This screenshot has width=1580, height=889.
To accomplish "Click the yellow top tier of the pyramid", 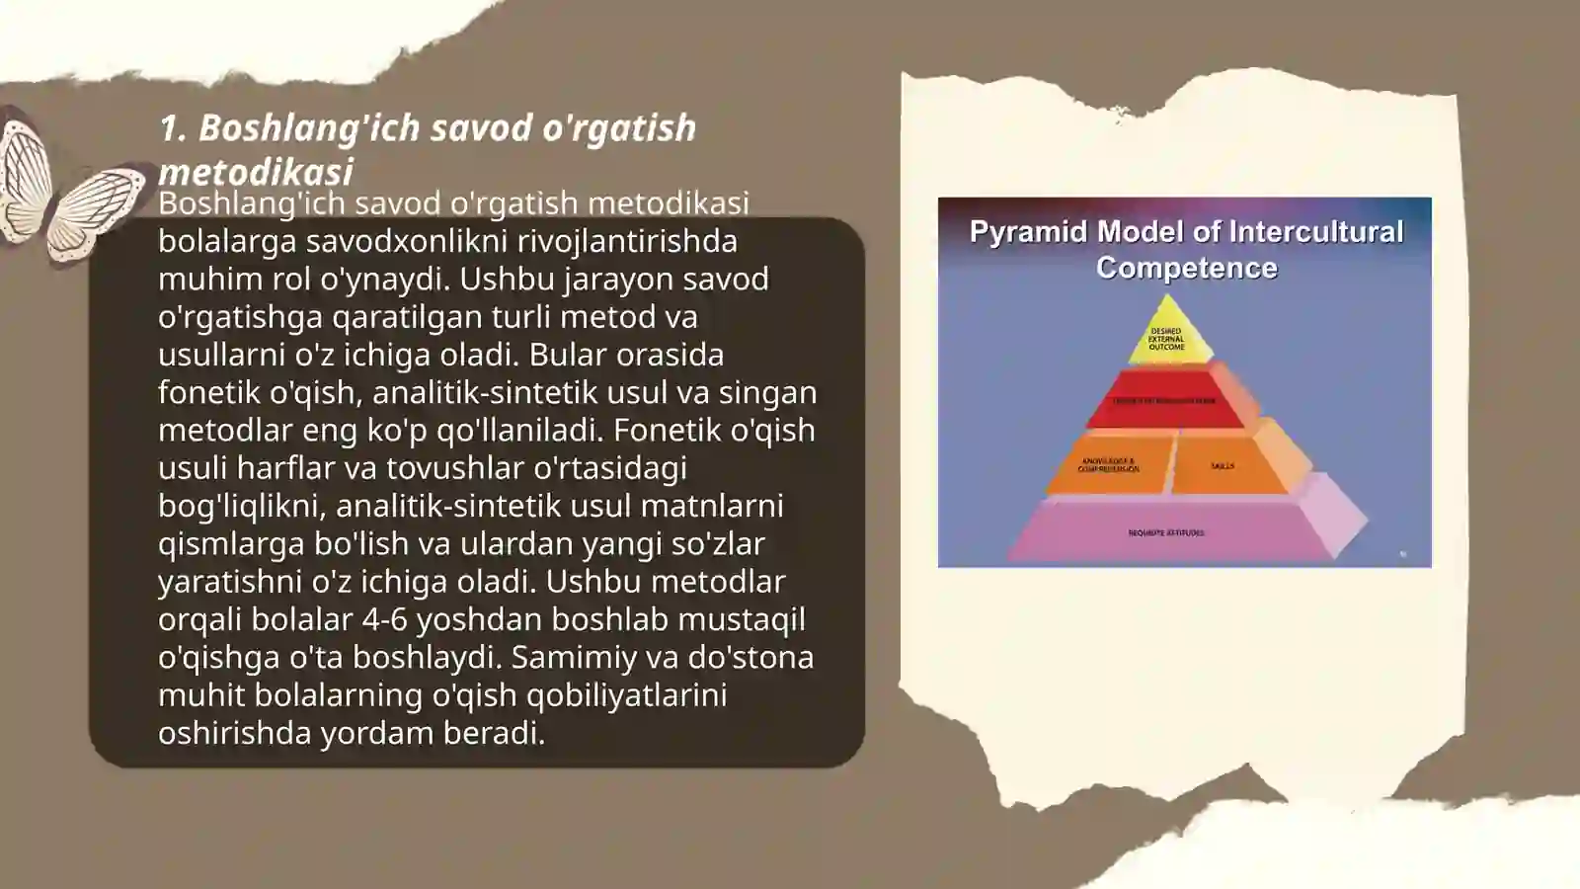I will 1167,335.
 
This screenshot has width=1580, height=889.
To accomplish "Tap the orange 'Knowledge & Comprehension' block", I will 1108,463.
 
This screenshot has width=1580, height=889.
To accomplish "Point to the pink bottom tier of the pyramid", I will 1165,532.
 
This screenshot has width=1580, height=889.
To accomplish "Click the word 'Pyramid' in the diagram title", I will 1028,232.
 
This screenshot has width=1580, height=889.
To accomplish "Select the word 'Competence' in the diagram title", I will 1186,268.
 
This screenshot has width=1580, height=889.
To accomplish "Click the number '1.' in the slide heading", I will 173,128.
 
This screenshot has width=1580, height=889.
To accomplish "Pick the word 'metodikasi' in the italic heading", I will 255,172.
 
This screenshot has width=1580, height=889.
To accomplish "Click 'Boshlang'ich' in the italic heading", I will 309,128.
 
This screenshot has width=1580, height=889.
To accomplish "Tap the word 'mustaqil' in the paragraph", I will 742,619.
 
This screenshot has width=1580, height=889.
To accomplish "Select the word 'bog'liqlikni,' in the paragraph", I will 243,506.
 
